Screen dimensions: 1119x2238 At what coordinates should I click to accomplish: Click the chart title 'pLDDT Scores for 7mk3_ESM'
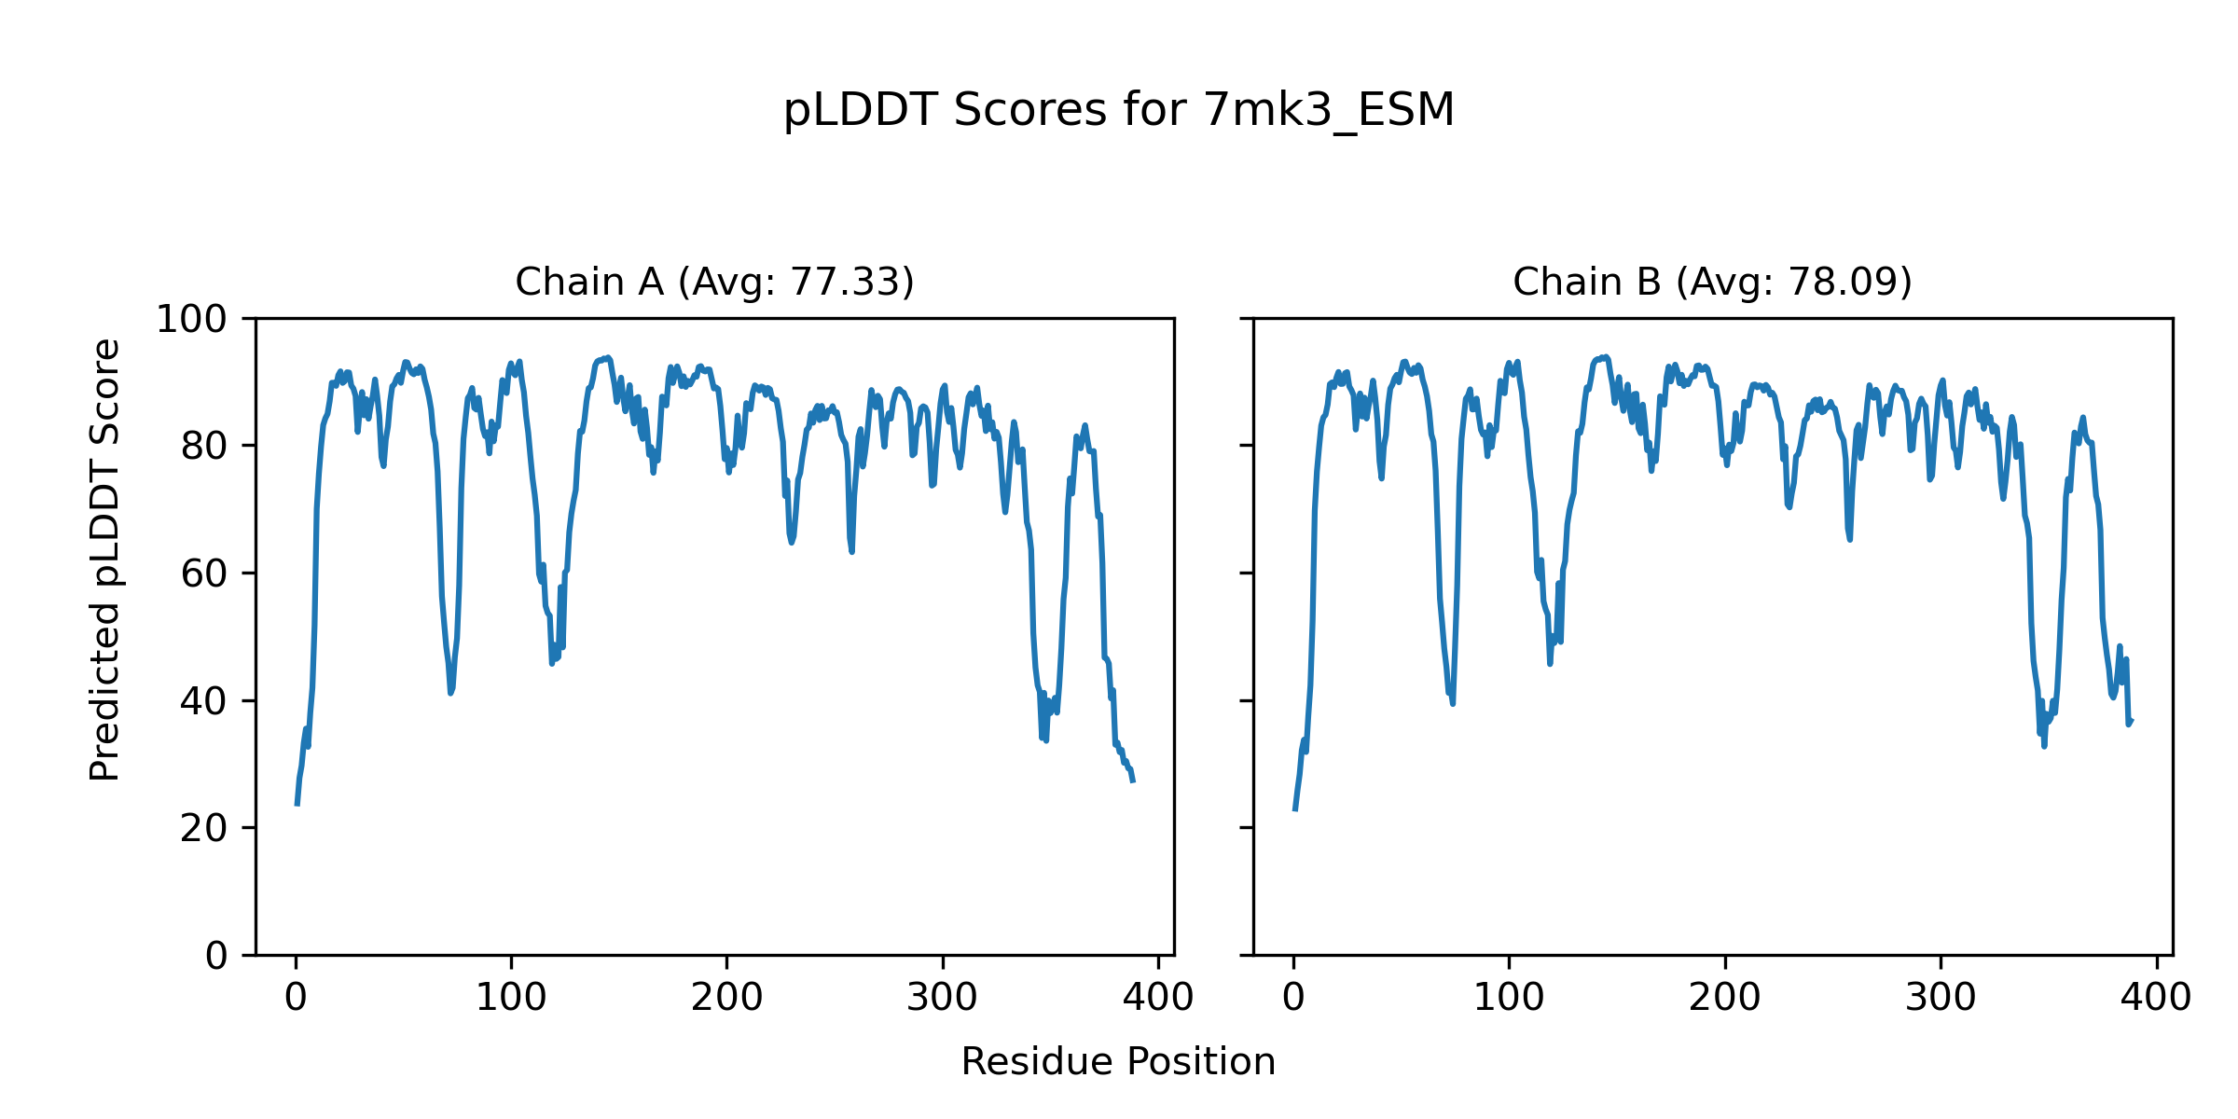[x=1118, y=111]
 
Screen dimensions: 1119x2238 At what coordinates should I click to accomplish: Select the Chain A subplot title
[x=714, y=282]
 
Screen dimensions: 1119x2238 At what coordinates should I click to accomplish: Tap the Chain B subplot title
[x=1712, y=282]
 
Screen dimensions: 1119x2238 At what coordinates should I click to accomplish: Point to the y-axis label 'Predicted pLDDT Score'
[x=105, y=559]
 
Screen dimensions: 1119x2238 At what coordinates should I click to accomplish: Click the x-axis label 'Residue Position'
[x=1118, y=1062]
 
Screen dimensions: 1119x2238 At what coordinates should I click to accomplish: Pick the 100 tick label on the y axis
[x=191, y=320]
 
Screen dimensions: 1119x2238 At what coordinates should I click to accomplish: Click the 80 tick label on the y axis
[x=204, y=447]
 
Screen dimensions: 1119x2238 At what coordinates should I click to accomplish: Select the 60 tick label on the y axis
[x=204, y=574]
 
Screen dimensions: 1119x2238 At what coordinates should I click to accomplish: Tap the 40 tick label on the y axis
[x=204, y=701]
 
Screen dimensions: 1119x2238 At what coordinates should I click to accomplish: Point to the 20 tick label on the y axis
[x=204, y=828]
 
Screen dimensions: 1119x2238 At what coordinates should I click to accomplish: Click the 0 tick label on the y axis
[x=216, y=956]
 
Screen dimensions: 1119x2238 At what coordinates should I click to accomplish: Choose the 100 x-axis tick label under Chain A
[x=511, y=998]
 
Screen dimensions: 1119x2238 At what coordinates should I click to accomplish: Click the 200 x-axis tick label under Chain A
[x=726, y=998]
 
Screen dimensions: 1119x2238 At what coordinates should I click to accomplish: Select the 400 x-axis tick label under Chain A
[x=1158, y=998]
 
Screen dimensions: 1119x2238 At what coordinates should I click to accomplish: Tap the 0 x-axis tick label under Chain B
[x=1293, y=998]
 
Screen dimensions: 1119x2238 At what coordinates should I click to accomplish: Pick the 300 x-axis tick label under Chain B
[x=1941, y=998]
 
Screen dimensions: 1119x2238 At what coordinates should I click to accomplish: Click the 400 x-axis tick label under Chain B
[x=2156, y=998]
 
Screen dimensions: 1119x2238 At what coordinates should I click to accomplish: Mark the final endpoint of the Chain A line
[x=1133, y=781]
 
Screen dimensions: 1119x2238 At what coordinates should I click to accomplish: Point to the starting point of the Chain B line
[x=1294, y=809]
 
